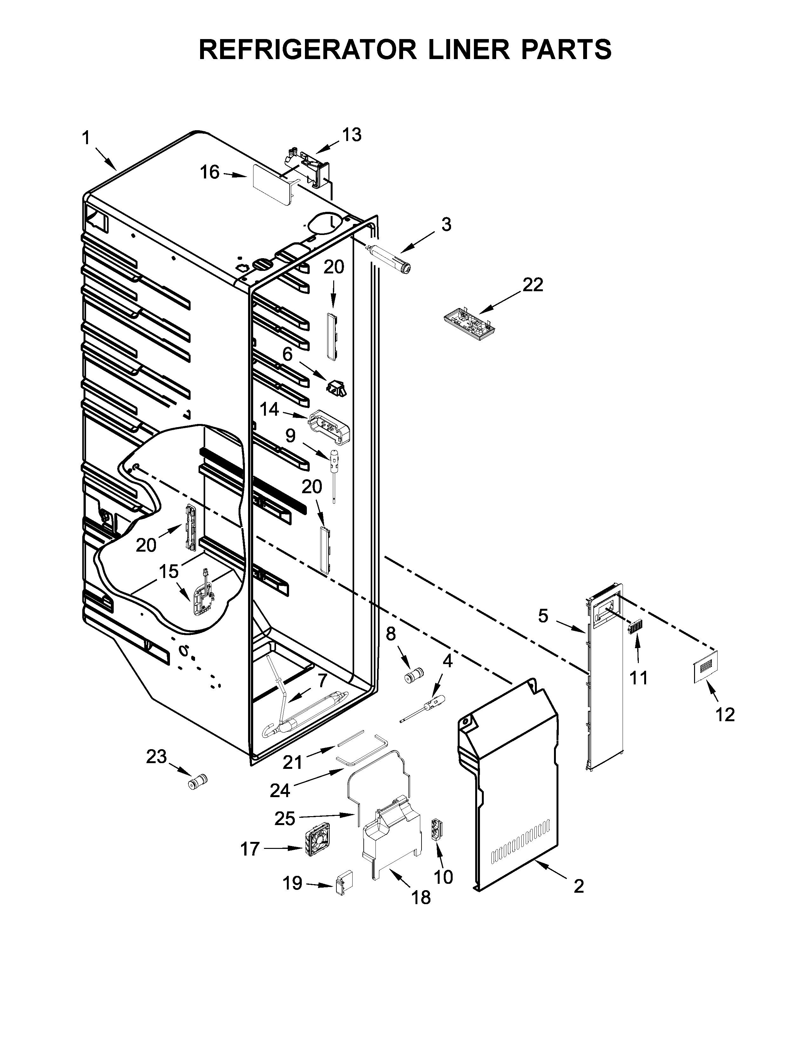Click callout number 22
tap(533, 285)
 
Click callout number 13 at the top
tap(352, 135)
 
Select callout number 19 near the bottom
tap(293, 883)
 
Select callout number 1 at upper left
tap(86, 139)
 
